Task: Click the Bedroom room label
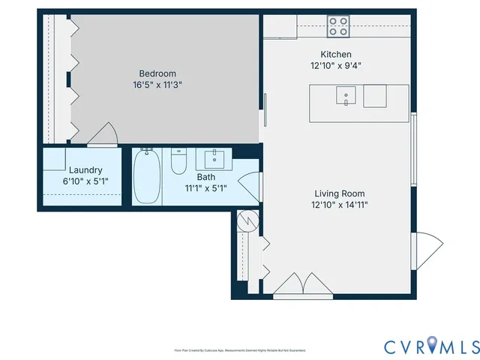tap(157, 73)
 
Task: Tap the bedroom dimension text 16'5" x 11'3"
tap(157, 85)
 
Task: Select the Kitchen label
tap(335, 54)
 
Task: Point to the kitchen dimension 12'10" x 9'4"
tap(335, 65)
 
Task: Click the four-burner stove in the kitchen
tap(338, 27)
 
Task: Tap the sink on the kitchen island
tap(346, 94)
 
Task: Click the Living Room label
tap(340, 193)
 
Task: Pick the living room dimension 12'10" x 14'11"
tap(340, 204)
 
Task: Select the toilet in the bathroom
tap(178, 161)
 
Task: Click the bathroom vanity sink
tap(214, 159)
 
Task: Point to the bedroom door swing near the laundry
tap(102, 135)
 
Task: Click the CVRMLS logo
tap(431, 346)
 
